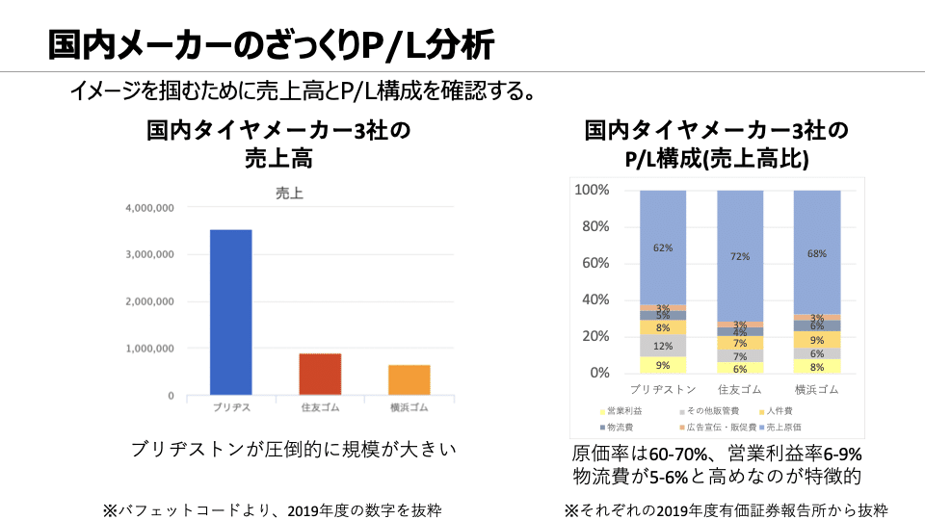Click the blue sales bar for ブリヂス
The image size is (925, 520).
(x=231, y=311)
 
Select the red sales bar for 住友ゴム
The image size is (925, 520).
(x=319, y=374)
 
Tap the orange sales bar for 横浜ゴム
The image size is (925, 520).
(x=410, y=379)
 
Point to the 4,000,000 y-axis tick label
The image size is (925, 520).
(x=148, y=208)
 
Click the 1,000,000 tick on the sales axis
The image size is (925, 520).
(x=148, y=349)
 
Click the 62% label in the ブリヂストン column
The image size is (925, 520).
(x=663, y=247)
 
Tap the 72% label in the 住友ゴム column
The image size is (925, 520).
(x=740, y=257)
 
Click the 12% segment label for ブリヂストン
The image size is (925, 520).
(x=663, y=346)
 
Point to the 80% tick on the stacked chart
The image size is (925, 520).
(x=592, y=227)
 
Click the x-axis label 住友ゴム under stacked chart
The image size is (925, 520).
(x=740, y=390)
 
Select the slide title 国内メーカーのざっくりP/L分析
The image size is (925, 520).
(x=272, y=44)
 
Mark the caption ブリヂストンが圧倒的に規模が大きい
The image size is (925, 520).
(x=292, y=449)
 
